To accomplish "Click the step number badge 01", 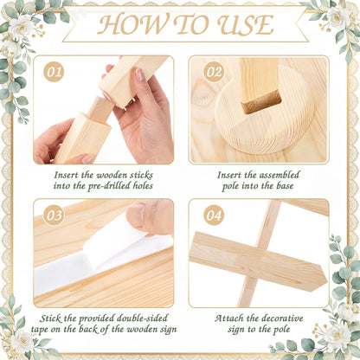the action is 54,72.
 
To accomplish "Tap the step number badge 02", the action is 214,72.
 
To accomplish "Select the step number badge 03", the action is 54,215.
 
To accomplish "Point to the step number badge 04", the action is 214,215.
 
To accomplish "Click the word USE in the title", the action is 246,25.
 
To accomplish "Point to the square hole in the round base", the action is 261,101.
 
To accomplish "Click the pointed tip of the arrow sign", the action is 327,279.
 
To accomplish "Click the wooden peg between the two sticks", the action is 100,108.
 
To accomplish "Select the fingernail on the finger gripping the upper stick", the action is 139,75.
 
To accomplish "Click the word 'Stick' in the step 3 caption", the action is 50,318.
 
